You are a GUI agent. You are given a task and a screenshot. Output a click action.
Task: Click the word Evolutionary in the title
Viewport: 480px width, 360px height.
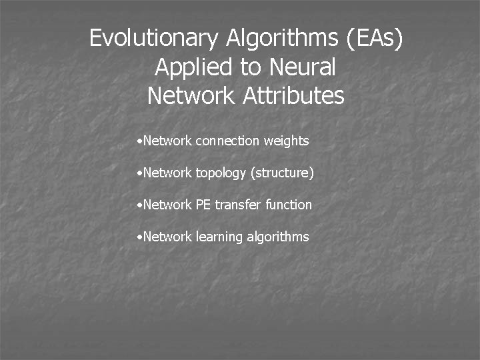click(155, 39)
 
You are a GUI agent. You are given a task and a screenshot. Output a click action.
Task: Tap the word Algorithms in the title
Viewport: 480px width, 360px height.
click(283, 39)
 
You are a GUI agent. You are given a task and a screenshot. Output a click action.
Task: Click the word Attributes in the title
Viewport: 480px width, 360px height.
click(293, 96)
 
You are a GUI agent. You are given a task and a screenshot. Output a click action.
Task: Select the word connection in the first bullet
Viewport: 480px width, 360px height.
click(227, 141)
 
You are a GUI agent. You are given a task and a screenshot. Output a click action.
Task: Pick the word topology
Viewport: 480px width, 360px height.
click(221, 173)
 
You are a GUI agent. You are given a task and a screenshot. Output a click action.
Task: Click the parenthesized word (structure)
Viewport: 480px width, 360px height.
click(282, 173)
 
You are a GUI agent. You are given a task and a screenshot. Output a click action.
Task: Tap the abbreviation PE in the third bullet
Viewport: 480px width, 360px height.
click(203, 205)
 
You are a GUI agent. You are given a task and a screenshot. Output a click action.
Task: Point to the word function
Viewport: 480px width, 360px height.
click(288, 205)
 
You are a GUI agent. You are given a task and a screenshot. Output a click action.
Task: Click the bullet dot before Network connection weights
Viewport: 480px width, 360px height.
click(137, 141)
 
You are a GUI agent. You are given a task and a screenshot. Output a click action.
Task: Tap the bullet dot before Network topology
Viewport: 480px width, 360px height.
click(137, 173)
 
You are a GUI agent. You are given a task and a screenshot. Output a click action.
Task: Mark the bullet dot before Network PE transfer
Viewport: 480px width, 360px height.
click(137, 205)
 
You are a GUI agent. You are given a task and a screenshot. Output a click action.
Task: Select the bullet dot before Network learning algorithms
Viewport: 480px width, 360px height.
click(137, 237)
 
